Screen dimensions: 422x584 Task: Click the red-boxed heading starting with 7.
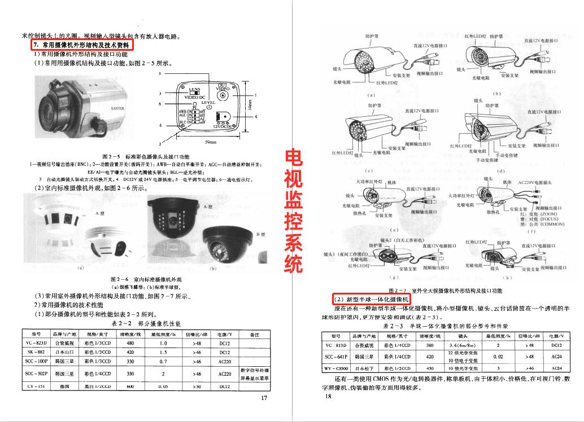82,45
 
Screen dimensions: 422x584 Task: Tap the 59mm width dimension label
210,142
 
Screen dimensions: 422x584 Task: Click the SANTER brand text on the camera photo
117,108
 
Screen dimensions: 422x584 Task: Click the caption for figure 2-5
146,156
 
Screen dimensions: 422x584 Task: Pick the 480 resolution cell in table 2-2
130,343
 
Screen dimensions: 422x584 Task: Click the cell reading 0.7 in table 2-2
163,361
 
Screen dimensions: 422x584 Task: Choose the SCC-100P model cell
36,361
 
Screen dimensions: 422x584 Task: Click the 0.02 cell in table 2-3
498,357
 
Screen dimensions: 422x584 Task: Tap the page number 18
327,396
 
